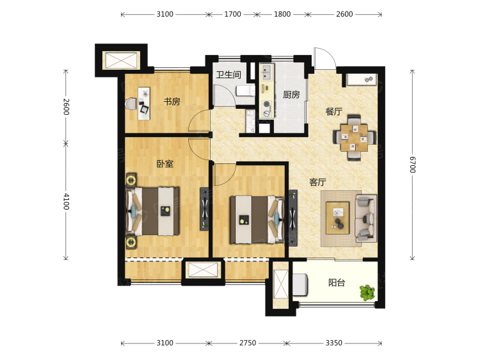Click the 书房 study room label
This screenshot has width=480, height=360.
coord(172,101)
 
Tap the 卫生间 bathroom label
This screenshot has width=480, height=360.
coord(228,74)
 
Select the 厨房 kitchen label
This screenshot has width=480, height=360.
coord(291,95)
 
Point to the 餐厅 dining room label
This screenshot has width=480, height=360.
coord(333,111)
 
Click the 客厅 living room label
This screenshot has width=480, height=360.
coord(317,183)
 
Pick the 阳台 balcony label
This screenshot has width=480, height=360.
coord(337,282)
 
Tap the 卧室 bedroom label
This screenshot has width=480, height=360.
coord(165,164)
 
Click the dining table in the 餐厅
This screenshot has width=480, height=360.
coord(354,138)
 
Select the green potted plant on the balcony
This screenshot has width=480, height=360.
coord(367,293)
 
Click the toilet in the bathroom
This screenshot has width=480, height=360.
coord(245,91)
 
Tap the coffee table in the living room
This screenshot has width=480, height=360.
coord(338,218)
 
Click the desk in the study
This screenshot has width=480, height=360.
coord(144,103)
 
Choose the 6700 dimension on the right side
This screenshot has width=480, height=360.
coord(412,165)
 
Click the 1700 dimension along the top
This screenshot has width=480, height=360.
coord(233,14)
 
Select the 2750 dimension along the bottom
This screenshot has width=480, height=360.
coord(248,343)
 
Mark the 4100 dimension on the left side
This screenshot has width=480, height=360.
coord(66,201)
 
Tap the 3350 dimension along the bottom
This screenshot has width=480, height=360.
coord(333,343)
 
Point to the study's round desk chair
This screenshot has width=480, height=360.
coord(131,103)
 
